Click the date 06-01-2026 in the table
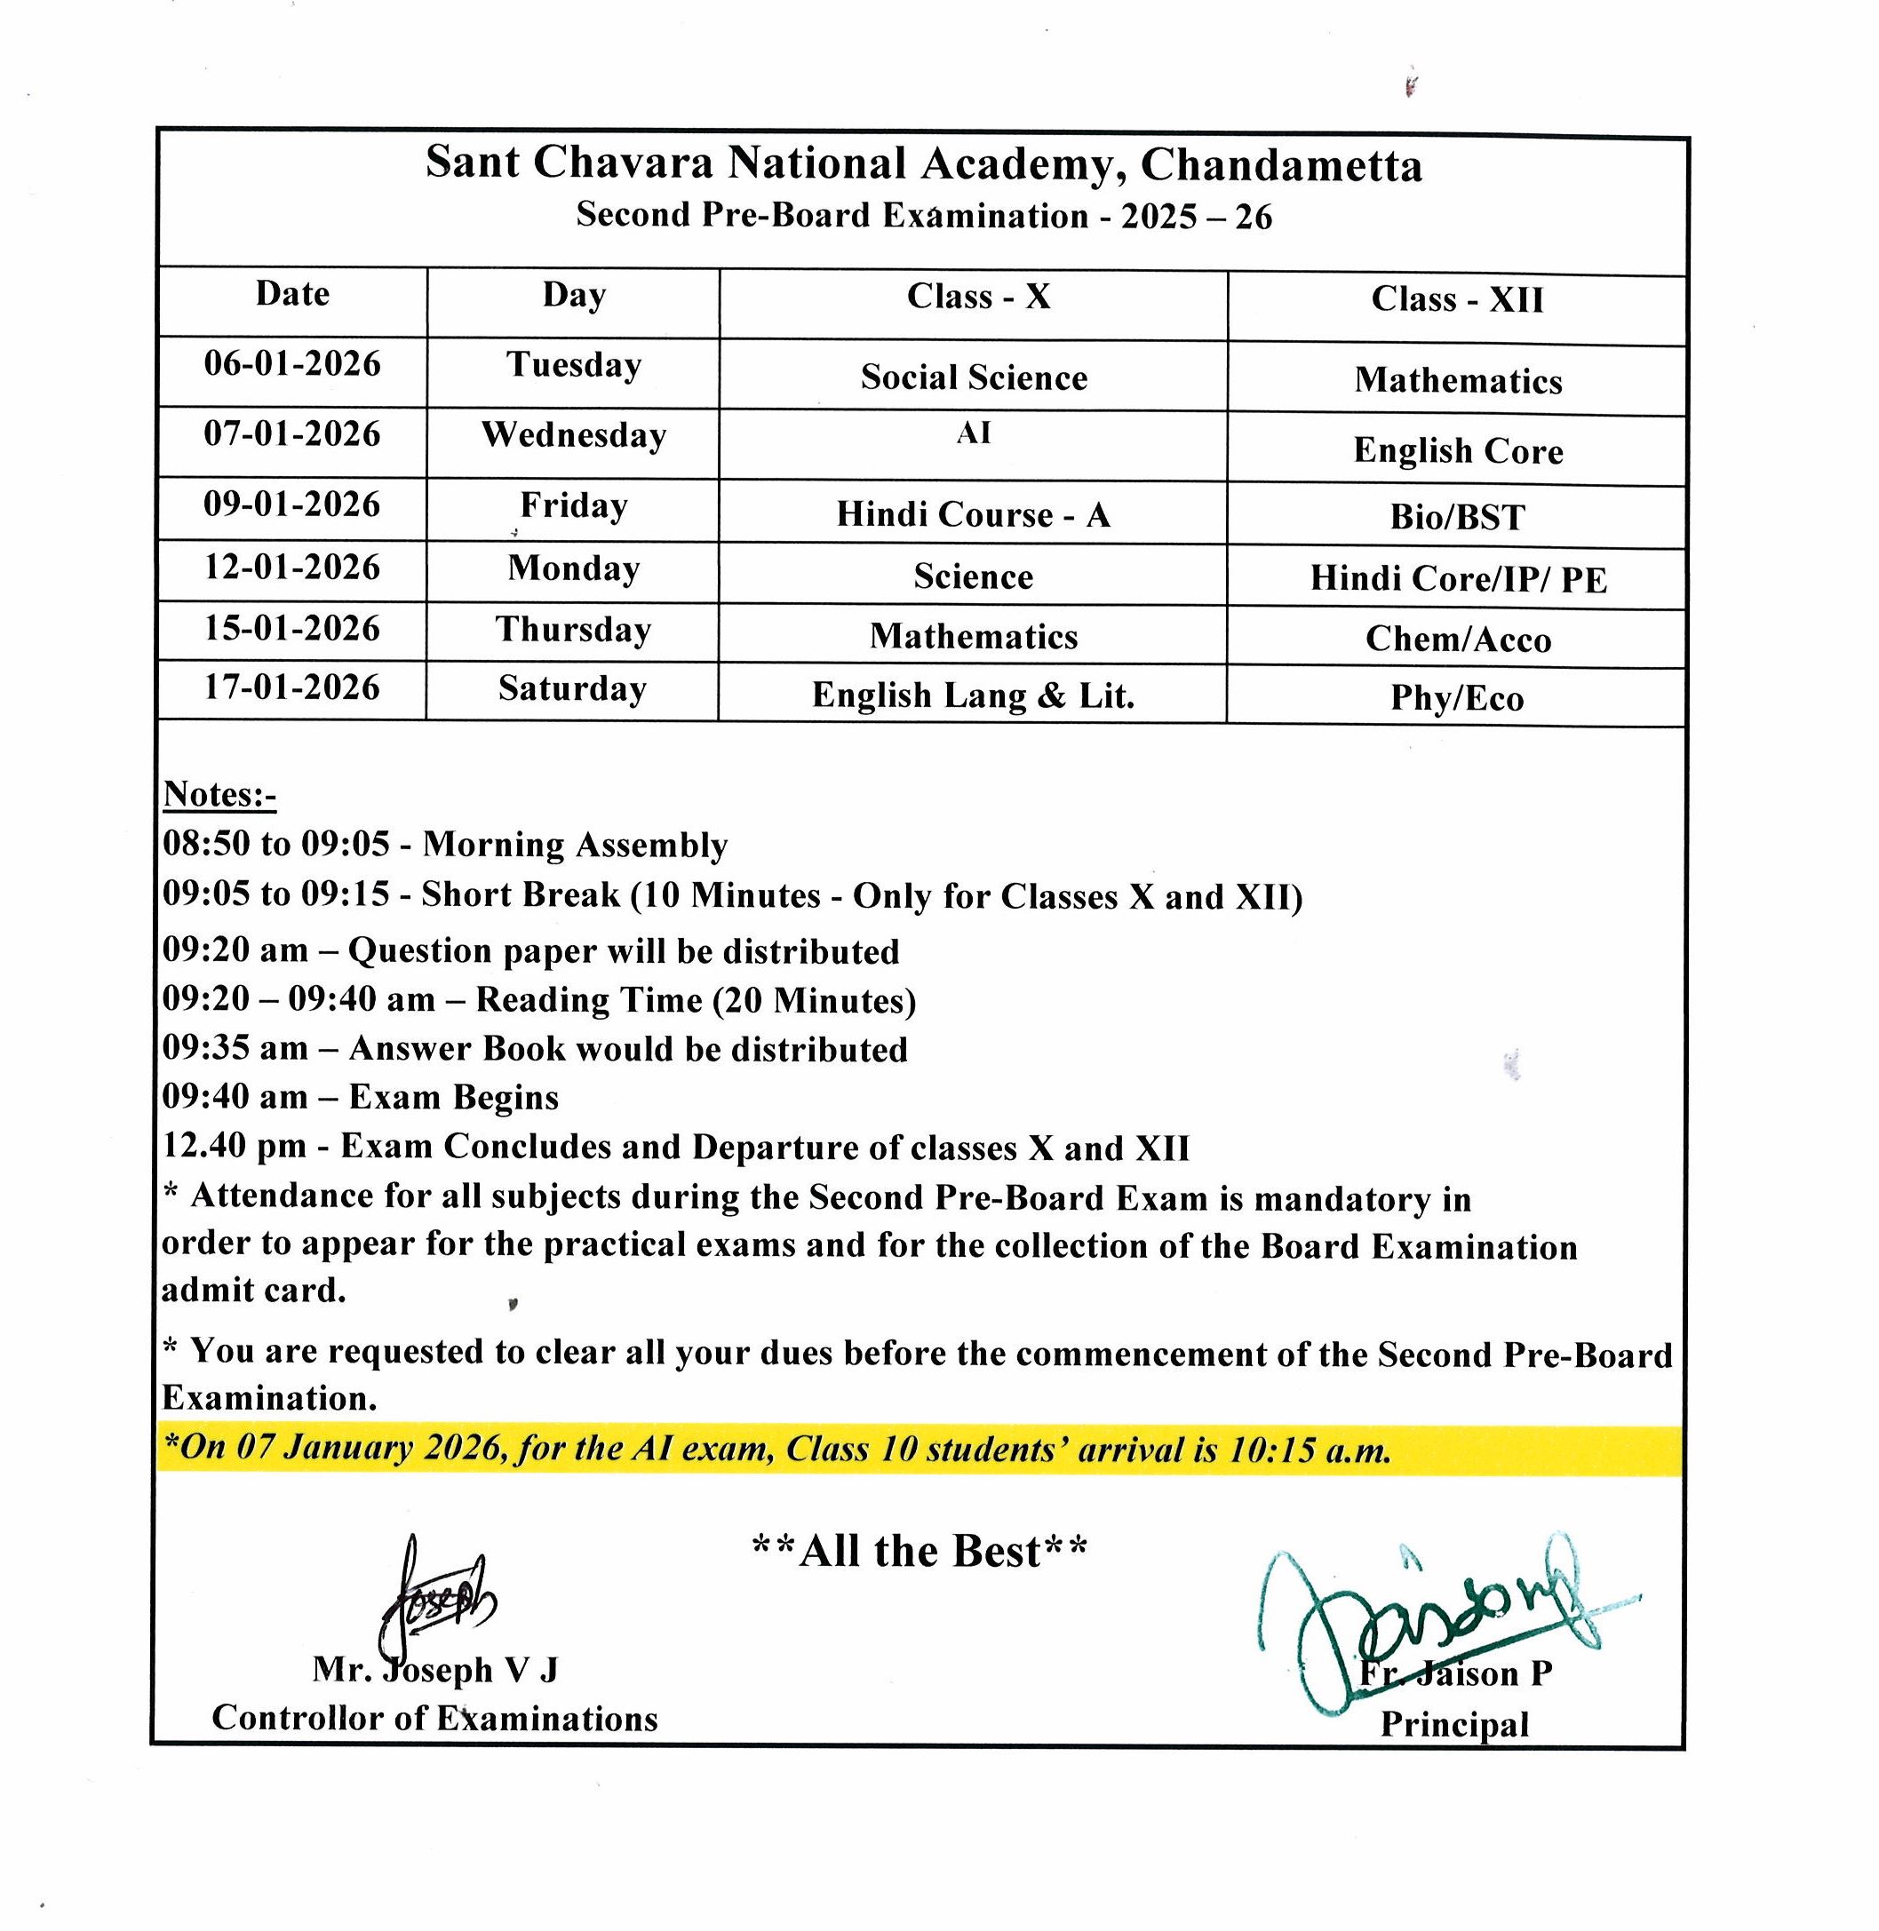click(292, 364)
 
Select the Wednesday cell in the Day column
click(573, 435)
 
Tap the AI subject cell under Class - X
click(973, 433)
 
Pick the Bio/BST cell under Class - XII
click(1457, 517)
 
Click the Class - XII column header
click(1457, 299)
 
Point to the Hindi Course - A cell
click(973, 515)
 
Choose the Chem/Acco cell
click(1458, 640)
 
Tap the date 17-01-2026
click(292, 687)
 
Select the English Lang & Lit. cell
click(973, 695)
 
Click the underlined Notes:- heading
click(219, 794)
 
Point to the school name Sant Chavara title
click(923, 163)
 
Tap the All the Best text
click(919, 1551)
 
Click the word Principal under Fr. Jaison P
click(1453, 1724)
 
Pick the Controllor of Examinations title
click(434, 1718)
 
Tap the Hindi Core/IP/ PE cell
click(1458, 579)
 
